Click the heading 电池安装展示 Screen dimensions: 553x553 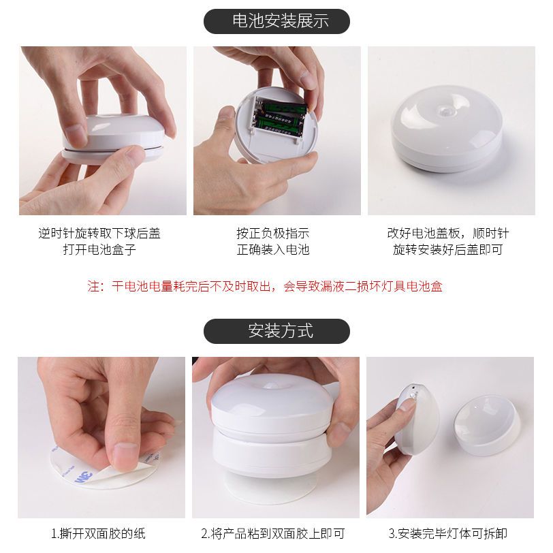[281, 21]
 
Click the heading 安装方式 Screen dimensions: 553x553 [281, 331]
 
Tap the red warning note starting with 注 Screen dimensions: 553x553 [265, 286]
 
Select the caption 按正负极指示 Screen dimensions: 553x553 [273, 233]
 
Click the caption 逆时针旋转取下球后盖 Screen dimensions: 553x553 [99, 233]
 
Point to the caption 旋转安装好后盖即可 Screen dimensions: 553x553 [448, 249]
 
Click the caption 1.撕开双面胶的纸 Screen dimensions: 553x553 [98, 533]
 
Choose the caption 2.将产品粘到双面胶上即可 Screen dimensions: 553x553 [273, 533]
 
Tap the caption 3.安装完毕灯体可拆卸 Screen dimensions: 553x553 [448, 533]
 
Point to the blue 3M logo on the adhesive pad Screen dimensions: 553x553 [84, 477]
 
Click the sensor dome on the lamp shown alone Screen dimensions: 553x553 [446, 110]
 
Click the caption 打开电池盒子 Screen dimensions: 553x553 [99, 249]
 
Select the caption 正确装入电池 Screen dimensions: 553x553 [273, 249]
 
